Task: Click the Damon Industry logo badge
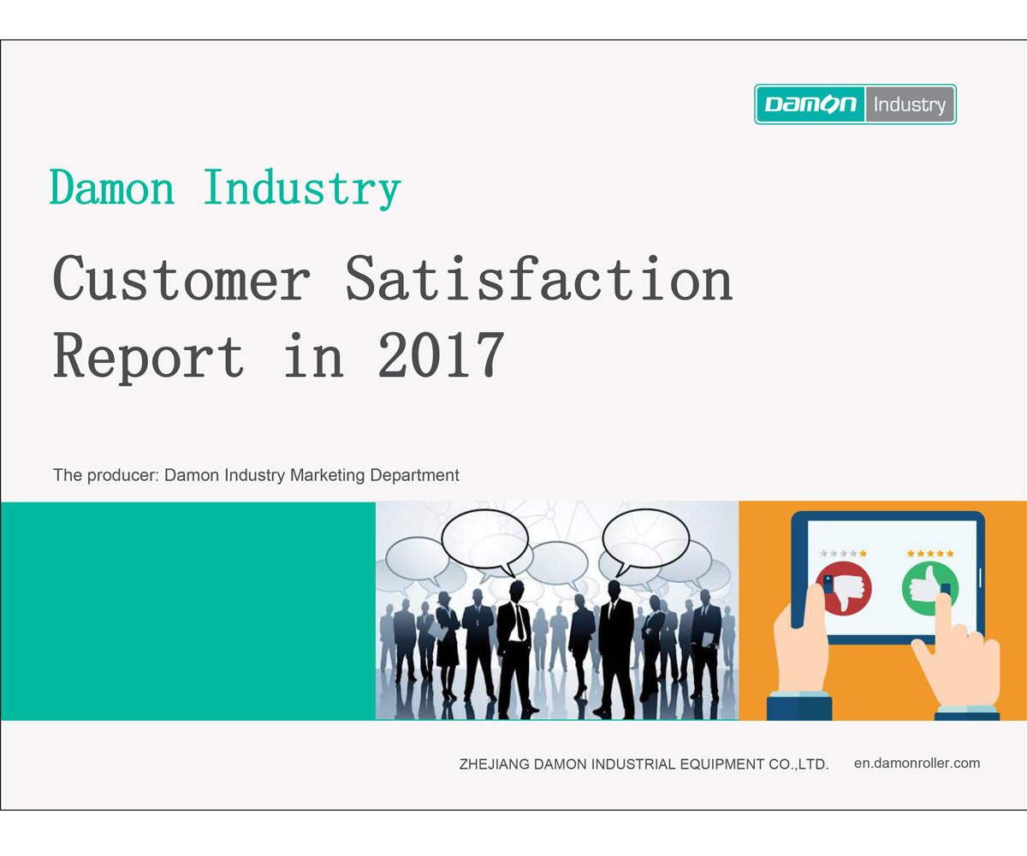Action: tap(855, 104)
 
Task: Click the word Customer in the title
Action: tap(181, 278)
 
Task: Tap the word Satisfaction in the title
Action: tap(539, 278)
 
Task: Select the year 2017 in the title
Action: tap(442, 354)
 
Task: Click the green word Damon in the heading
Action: tap(111, 187)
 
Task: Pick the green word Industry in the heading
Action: tap(302, 190)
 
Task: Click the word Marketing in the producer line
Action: tap(327, 476)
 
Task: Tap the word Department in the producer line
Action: tap(414, 476)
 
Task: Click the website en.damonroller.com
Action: tap(917, 763)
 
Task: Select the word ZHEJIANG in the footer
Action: tap(495, 764)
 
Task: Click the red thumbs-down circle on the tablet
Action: tap(844, 589)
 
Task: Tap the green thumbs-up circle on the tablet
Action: tap(930, 589)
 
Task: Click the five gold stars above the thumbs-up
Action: tap(930, 554)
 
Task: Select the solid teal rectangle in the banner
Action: tap(188, 611)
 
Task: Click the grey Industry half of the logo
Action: tap(910, 104)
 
